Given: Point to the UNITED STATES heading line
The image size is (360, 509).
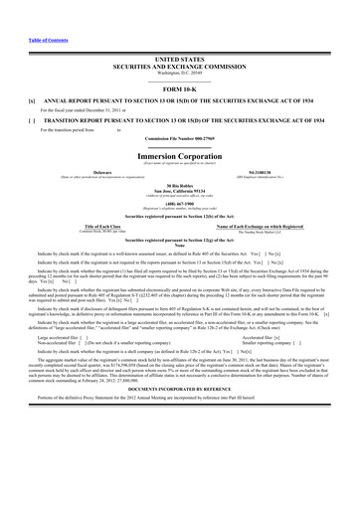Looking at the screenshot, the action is coord(179,60).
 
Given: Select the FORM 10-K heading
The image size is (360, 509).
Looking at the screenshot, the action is coord(179,90).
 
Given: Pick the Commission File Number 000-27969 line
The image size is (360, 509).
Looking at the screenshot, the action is coord(179,138).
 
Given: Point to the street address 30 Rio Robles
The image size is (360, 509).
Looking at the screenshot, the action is coord(179,186).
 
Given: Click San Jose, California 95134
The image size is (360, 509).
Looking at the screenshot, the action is coord(179,191).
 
